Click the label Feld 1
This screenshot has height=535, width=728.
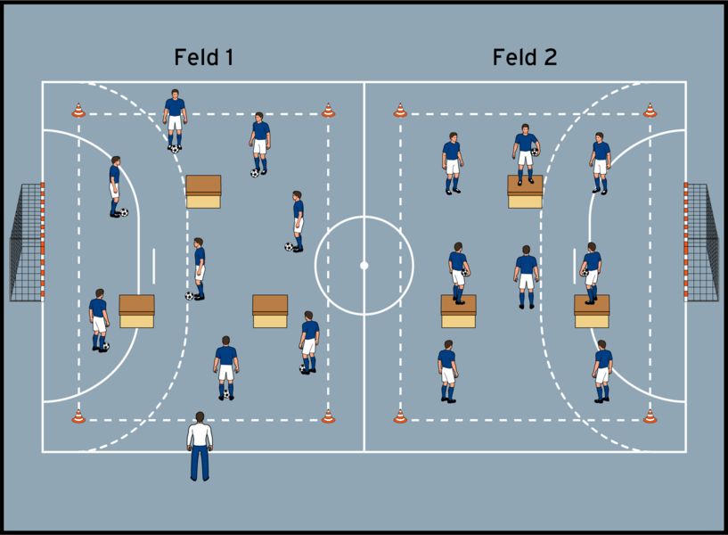(204, 58)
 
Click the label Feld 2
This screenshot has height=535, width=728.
(524, 58)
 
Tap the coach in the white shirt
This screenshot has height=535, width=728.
(200, 445)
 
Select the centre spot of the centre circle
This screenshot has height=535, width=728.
(364, 265)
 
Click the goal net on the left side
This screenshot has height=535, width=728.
(26, 242)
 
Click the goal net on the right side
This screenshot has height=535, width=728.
(702, 242)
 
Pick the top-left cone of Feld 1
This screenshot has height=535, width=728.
(78, 111)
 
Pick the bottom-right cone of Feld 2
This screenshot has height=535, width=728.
(650, 416)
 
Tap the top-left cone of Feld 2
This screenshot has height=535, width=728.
(400, 111)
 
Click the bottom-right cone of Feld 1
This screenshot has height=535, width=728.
(328, 416)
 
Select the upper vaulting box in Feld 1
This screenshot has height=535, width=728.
(203, 191)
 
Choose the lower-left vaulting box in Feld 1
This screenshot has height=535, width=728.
(136, 311)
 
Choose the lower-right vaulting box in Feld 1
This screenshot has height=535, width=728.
(270, 311)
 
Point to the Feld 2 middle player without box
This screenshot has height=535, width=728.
(527, 276)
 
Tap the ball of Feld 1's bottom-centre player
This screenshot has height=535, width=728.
(226, 393)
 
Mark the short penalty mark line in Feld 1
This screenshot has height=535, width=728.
(154, 265)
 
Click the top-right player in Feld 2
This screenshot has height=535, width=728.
(601, 162)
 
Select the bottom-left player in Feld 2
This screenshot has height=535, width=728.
(447, 371)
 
